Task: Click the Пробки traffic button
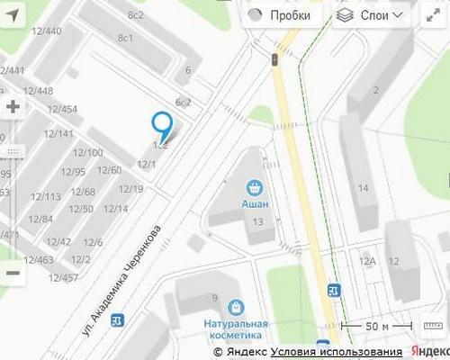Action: (x=280, y=15)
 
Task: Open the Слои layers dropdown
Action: (x=369, y=15)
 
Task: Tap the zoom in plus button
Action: (x=13, y=106)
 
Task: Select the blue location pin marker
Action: (x=162, y=127)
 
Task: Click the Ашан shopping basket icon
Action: (x=255, y=188)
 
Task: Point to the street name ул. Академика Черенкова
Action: (x=122, y=281)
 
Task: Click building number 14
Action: (x=364, y=188)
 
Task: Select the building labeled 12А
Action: (x=367, y=261)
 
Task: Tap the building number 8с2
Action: (x=136, y=15)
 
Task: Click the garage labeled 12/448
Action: (x=38, y=90)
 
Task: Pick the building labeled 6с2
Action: (x=184, y=102)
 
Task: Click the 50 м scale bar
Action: (x=376, y=326)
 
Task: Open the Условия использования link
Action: (x=337, y=352)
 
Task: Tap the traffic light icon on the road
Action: (x=274, y=58)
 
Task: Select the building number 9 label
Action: (x=215, y=298)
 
